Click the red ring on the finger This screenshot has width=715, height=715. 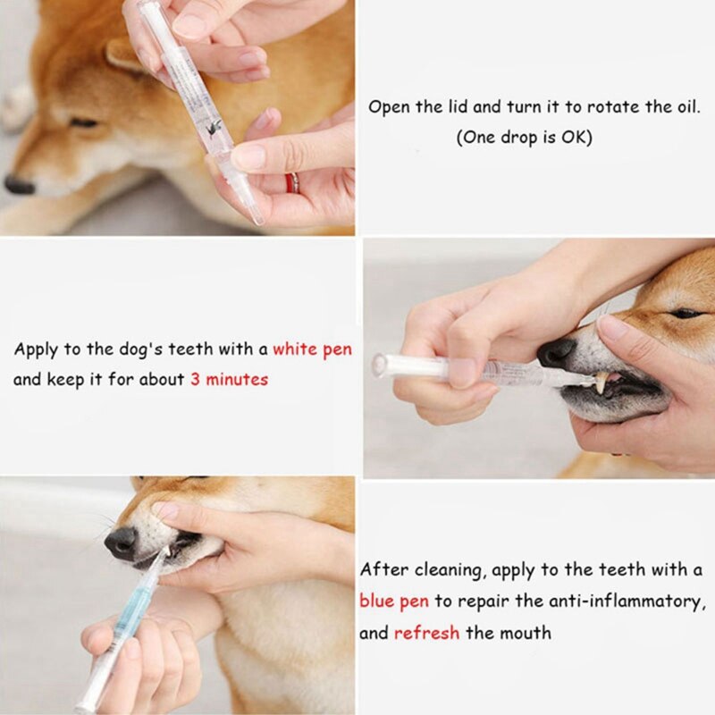pos(292,182)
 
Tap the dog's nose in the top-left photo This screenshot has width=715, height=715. pos(19,184)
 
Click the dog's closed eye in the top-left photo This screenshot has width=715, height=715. pos(84,122)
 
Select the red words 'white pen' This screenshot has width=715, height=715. pos(312,349)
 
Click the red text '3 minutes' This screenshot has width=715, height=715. pos(229,379)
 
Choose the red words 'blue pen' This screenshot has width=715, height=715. pos(393,601)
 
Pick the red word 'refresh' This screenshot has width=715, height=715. pos(426,633)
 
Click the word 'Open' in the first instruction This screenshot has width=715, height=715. pos(388,107)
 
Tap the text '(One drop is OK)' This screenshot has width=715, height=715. pos(524,139)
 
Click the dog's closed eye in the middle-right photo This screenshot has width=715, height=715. pos(686,313)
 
